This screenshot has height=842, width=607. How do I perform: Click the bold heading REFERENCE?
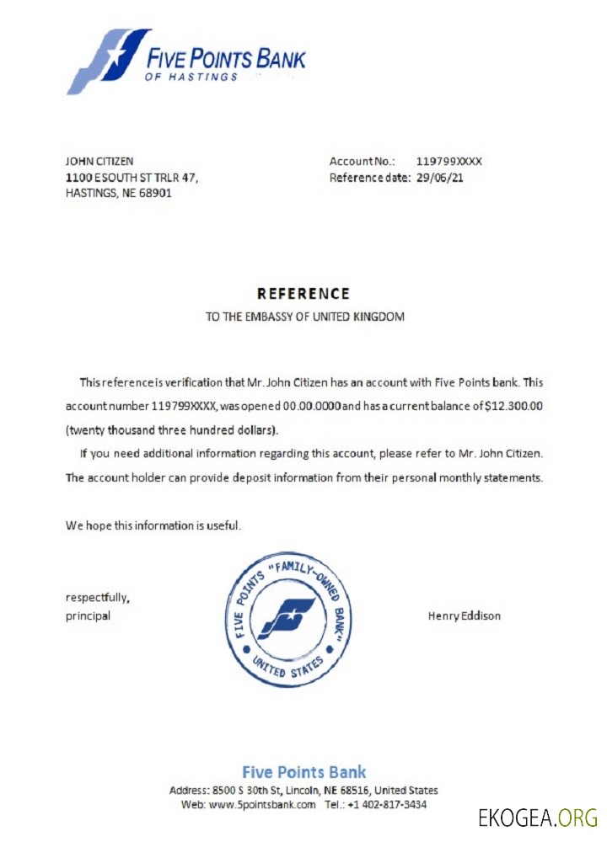pos(303,294)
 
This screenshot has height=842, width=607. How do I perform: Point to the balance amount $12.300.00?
pos(514,406)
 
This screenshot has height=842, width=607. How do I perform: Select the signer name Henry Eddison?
pos(464,616)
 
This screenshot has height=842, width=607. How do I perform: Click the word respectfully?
pos(98,598)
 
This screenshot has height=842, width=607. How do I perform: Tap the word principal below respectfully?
pos(88,616)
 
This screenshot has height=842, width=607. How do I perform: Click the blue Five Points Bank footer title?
pos(303,771)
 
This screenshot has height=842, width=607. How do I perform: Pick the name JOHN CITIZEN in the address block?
pos(99,161)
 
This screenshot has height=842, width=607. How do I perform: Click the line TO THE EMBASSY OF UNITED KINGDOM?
pos(304,317)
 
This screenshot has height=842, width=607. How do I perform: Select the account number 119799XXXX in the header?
pos(449,161)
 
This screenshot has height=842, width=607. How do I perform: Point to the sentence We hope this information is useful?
pos(153,525)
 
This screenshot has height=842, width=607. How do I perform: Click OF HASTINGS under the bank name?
pos(191,77)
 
